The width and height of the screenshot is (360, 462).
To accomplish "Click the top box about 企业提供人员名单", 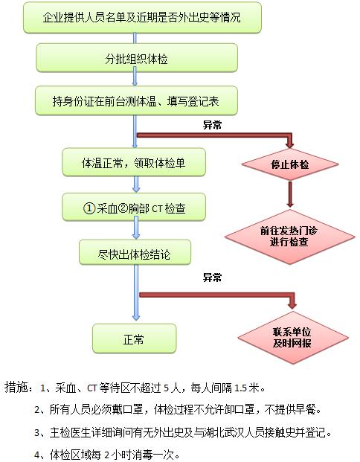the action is [142, 18].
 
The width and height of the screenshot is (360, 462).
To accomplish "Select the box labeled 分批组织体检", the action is [137, 58].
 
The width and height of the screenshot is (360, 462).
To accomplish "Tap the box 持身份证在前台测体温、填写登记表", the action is [136, 100].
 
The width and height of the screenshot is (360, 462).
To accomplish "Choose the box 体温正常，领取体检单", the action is [134, 162].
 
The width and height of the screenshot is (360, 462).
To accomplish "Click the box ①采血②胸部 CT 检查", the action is [134, 208].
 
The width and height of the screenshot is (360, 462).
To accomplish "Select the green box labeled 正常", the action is [135, 339].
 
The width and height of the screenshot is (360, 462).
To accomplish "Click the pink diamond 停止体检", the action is [290, 164].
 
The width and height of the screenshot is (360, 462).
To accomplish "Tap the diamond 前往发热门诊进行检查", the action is [289, 237].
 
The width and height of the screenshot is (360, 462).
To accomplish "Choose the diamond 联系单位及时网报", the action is [293, 338].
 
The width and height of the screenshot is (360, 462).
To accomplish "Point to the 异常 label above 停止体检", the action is [212, 125].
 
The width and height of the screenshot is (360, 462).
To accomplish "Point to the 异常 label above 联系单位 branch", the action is [212, 277].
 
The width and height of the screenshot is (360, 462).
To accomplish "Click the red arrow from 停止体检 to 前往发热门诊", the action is [290, 194].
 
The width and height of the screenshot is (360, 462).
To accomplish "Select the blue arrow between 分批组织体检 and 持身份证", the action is [135, 76].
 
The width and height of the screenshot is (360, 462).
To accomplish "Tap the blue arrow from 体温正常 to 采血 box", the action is [136, 184].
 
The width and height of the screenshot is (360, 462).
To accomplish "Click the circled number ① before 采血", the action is [89, 208].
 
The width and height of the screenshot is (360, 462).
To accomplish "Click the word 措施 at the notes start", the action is [16, 387].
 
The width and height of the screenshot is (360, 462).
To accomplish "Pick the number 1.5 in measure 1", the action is [240, 388].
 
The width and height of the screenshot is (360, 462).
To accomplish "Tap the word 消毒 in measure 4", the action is [142, 455].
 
